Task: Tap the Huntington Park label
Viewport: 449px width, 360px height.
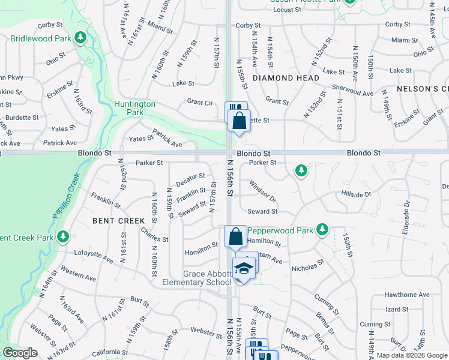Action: pyautogui.click(x=135, y=108)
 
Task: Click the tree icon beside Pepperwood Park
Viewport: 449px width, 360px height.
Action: pyautogui.click(x=322, y=230)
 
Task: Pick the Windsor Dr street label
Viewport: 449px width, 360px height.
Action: pyautogui.click(x=262, y=191)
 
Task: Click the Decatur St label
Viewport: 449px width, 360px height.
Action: pyautogui.click(x=190, y=179)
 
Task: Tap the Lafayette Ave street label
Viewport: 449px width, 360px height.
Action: pyautogui.click(x=94, y=258)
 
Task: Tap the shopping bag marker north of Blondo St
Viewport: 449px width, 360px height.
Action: pyautogui.click(x=240, y=119)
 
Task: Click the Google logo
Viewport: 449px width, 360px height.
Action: pyautogui.click(x=20, y=353)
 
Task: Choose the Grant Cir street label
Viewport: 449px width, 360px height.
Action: pyautogui.click(x=200, y=103)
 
